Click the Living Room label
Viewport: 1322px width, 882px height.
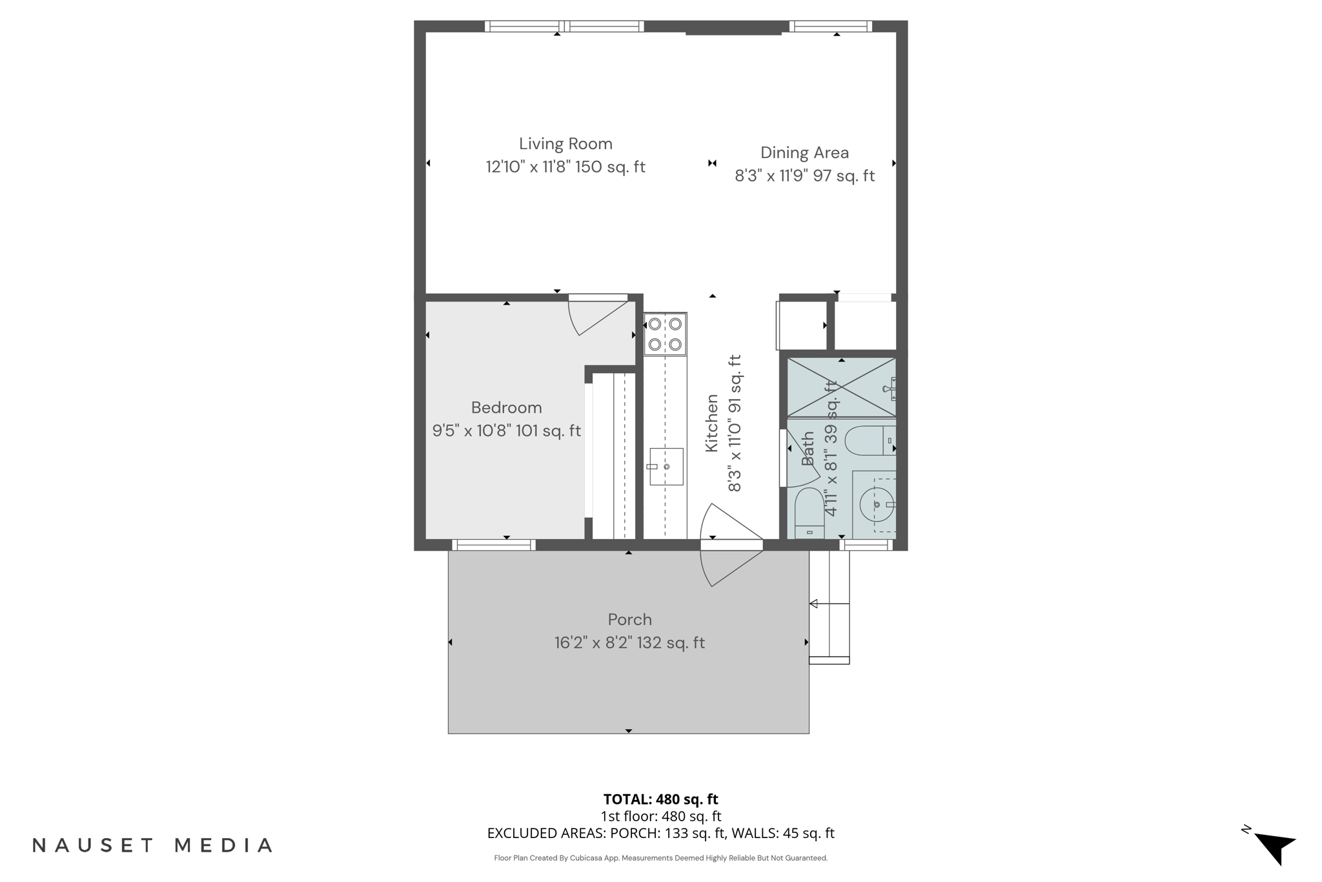pyautogui.click(x=565, y=143)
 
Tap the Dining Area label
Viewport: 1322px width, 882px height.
pyautogui.click(x=804, y=152)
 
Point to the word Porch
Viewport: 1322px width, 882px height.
pyautogui.click(x=629, y=619)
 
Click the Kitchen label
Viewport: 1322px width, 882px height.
pyautogui.click(x=711, y=424)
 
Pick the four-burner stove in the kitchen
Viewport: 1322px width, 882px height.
pyautogui.click(x=665, y=334)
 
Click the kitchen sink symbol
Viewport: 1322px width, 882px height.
pyautogui.click(x=666, y=466)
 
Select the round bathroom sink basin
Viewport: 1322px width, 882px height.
pyautogui.click(x=877, y=504)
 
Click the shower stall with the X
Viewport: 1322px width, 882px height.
pyautogui.click(x=840, y=387)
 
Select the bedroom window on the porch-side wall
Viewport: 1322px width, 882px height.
pyautogui.click(x=494, y=545)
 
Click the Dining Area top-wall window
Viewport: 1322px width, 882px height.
pyautogui.click(x=830, y=26)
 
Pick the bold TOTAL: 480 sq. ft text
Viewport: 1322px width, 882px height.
pyautogui.click(x=660, y=799)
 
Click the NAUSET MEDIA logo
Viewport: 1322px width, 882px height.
pyautogui.click(x=152, y=845)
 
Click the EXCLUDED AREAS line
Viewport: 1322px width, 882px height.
pyautogui.click(x=660, y=833)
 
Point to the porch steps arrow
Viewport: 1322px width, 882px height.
pyautogui.click(x=815, y=604)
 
